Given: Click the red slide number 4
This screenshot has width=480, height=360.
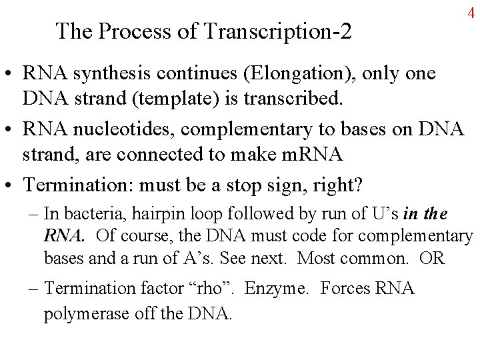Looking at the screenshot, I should tap(471, 13).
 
